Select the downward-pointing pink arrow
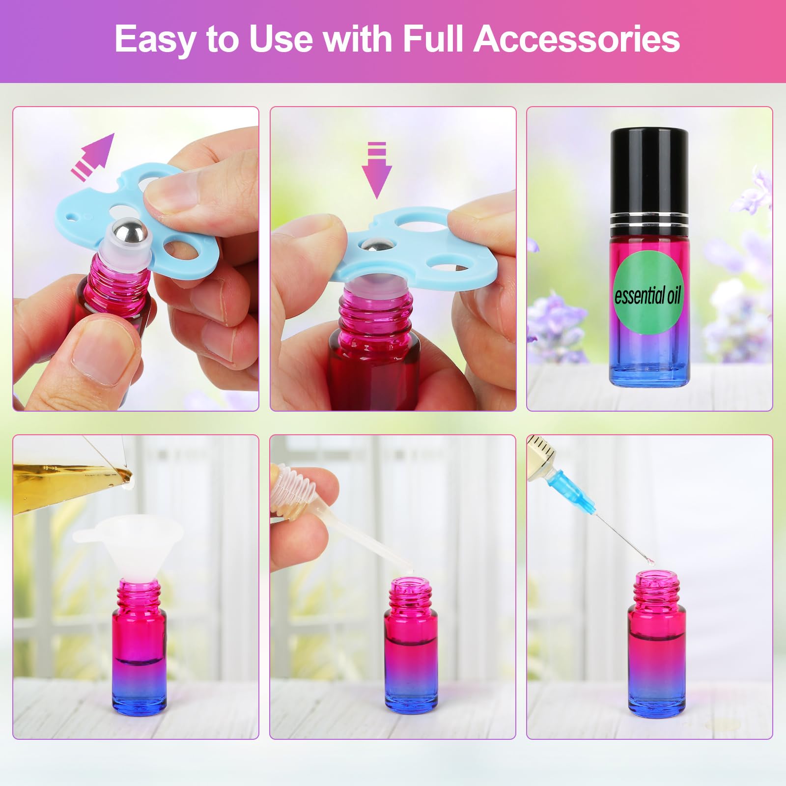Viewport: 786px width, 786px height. coord(377,169)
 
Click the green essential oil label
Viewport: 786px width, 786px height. coord(647,295)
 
